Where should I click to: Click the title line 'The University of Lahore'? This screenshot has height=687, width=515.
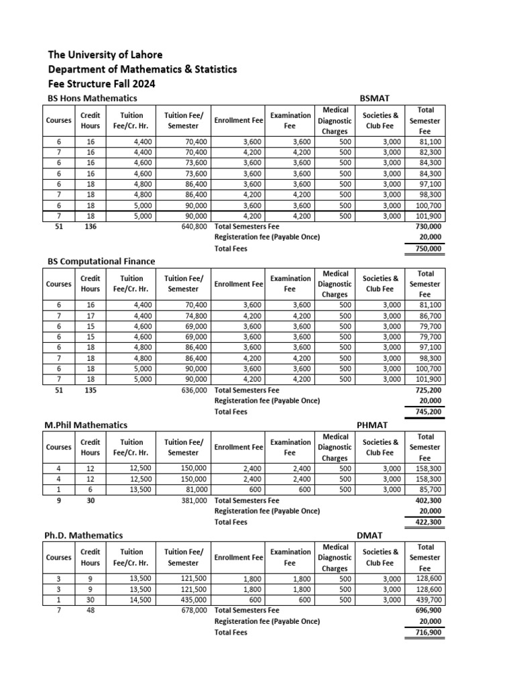click(x=105, y=54)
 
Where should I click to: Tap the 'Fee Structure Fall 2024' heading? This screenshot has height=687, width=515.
click(x=101, y=85)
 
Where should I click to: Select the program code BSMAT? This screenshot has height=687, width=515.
click(x=376, y=98)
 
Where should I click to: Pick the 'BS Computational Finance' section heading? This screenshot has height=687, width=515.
click(x=101, y=261)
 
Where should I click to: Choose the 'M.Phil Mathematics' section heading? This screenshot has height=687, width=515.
click(x=87, y=425)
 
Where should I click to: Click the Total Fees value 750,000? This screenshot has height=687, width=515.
click(x=428, y=248)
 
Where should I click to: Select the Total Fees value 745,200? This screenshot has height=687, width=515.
click(x=428, y=412)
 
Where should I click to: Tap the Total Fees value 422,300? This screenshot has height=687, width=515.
click(x=428, y=522)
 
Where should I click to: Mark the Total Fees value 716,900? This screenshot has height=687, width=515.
click(x=428, y=632)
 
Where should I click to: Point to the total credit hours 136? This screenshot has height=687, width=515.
click(x=90, y=227)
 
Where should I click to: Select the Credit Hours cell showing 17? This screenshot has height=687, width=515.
click(x=90, y=315)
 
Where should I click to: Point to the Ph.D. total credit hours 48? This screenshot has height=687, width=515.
click(x=90, y=611)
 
